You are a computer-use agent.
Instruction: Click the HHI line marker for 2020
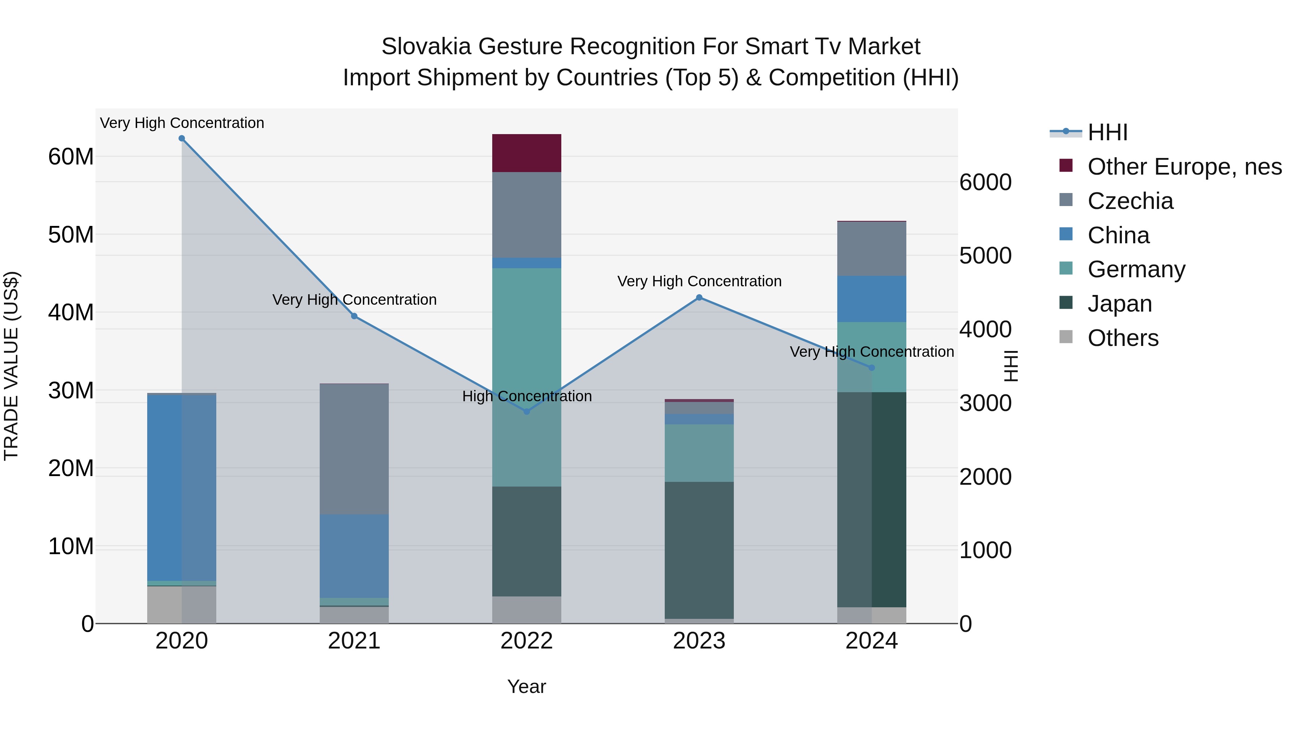tap(182, 138)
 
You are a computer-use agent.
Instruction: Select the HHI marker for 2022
tap(527, 412)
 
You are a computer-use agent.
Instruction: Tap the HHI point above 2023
tap(699, 297)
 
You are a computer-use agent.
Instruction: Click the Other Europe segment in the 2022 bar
tap(527, 153)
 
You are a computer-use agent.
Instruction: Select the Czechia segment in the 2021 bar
tap(354, 449)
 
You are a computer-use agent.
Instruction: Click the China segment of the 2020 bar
tap(182, 488)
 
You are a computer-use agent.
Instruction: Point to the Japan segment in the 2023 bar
tap(699, 550)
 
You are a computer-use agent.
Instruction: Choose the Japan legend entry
tap(1119, 304)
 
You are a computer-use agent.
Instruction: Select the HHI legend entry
tap(1107, 132)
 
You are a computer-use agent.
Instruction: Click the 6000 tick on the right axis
tap(985, 183)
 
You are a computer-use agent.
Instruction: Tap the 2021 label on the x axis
tap(354, 641)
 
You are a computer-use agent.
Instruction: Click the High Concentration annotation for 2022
tap(527, 396)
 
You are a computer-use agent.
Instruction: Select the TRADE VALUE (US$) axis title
tap(11, 366)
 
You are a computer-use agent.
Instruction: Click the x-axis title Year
tap(527, 686)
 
